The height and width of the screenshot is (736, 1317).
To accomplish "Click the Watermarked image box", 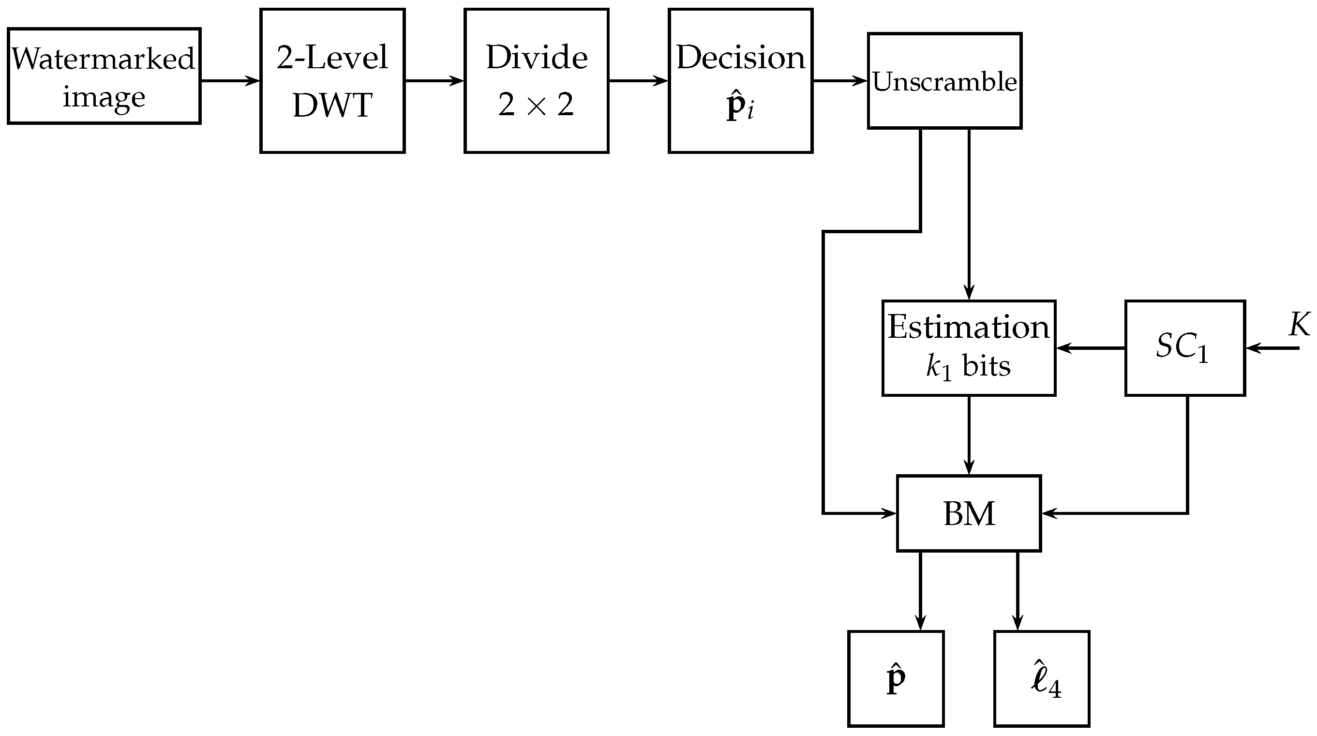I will click(x=104, y=76).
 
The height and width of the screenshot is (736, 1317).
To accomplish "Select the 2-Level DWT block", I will click(x=332, y=81).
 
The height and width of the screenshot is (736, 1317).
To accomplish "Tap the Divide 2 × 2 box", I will click(x=536, y=81).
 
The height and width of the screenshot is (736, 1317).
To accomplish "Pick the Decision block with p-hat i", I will click(x=740, y=81).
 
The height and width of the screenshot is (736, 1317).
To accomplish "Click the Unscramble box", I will click(x=944, y=81).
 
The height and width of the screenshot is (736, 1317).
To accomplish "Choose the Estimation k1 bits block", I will click(x=968, y=348).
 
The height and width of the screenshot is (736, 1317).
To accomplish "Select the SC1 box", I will click(x=1184, y=348).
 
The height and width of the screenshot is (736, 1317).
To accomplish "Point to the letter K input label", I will click(x=1299, y=324).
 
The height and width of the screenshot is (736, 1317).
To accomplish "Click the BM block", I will click(x=968, y=513).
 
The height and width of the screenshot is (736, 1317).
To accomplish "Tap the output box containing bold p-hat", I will click(x=896, y=678).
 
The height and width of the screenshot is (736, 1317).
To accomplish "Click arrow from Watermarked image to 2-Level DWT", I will click(x=230, y=81).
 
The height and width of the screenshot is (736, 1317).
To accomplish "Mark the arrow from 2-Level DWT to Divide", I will click(x=434, y=81).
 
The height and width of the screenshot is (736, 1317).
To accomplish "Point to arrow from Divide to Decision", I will click(x=638, y=81).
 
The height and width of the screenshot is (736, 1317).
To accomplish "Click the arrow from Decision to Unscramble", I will click(x=840, y=81).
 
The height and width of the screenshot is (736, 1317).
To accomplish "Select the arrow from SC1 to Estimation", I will click(x=1090, y=348).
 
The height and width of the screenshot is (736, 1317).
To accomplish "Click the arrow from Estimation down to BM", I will click(x=969, y=435).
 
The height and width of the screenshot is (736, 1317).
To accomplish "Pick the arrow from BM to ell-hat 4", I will click(x=1017, y=591).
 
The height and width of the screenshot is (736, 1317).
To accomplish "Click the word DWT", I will click(x=332, y=105).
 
